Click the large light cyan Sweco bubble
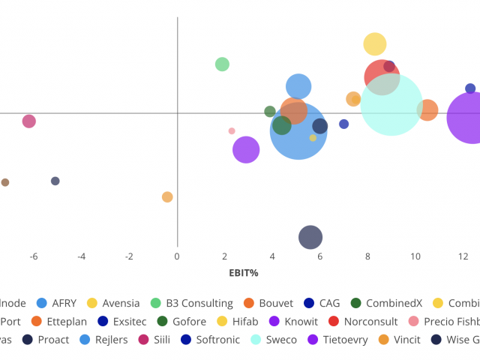point(391,105)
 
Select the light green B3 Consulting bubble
point(222,64)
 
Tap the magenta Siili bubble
point(28,121)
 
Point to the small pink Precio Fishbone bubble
point(232,130)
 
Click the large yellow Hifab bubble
point(375,44)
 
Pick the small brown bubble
point(5,182)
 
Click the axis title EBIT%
point(244,273)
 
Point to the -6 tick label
point(34,256)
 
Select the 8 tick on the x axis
point(367,256)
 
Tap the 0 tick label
point(177,256)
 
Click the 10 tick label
point(415,256)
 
